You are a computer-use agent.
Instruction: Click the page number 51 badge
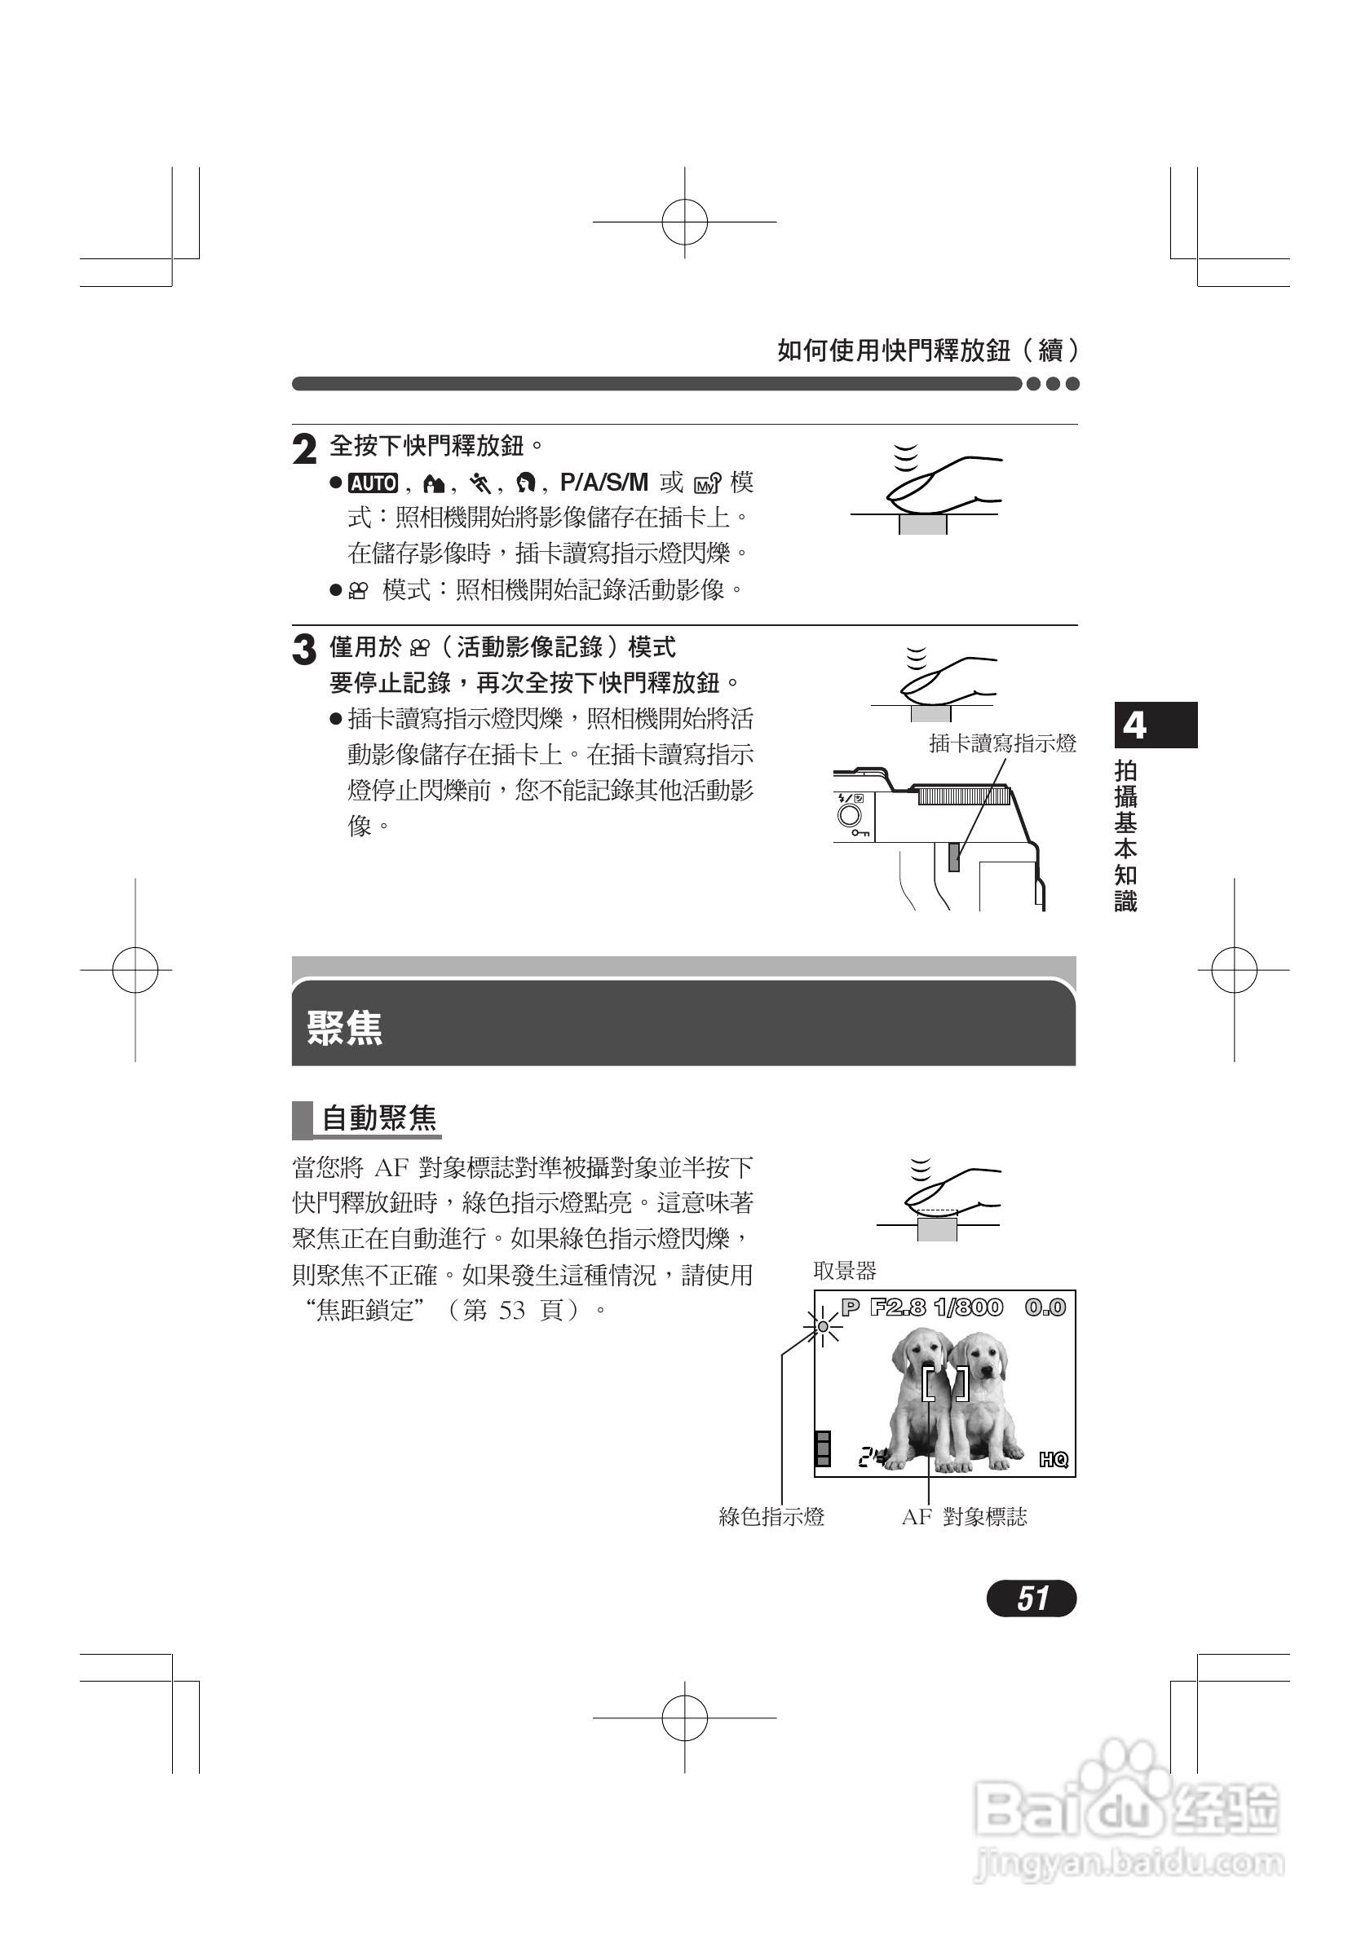click(x=1031, y=1598)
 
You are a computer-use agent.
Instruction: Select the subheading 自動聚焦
click(x=378, y=1118)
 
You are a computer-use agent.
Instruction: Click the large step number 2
click(x=304, y=449)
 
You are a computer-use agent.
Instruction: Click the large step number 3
click(x=304, y=650)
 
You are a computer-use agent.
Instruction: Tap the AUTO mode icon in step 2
click(x=373, y=483)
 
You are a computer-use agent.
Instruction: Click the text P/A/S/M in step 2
click(x=603, y=483)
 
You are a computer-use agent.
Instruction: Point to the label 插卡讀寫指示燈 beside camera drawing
click(x=1002, y=743)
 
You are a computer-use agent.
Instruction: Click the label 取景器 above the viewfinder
click(x=844, y=1270)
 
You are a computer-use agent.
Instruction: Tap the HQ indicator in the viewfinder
click(x=1053, y=1459)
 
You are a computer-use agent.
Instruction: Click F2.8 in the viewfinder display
click(x=898, y=1307)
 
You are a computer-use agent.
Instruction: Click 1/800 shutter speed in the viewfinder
click(x=969, y=1307)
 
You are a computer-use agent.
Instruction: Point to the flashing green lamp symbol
click(x=824, y=1326)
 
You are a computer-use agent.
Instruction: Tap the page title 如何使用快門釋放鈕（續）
click(x=927, y=350)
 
